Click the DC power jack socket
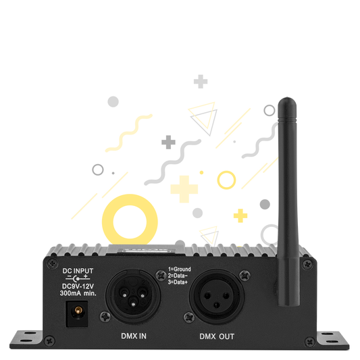pyautogui.click(x=77, y=314)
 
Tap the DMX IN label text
pyautogui.click(x=134, y=336)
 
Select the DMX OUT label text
pyautogui.click(x=217, y=336)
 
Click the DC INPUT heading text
pyautogui.click(x=78, y=271)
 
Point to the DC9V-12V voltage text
pyautogui.click(x=78, y=286)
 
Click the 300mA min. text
pyautogui.click(x=78, y=293)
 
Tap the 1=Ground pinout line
pyautogui.click(x=179, y=269)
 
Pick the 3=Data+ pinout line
pyautogui.click(x=178, y=282)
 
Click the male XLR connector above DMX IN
pyautogui.click(x=133, y=297)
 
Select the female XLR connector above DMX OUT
pyautogui.click(x=217, y=297)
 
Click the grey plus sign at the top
pyautogui.click(x=201, y=82)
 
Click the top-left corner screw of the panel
pyautogui.click(x=53, y=263)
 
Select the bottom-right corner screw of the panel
pyautogui.click(x=310, y=342)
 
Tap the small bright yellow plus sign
pyautogui.click(x=240, y=216)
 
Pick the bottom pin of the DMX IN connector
pyautogui.click(x=133, y=303)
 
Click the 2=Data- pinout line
pyautogui.click(x=178, y=276)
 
